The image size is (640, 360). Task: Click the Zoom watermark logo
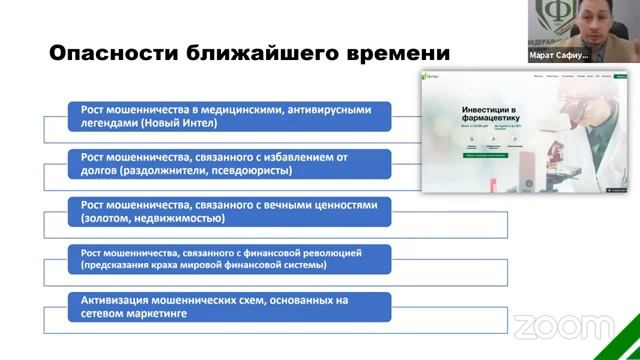coord(549,326)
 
